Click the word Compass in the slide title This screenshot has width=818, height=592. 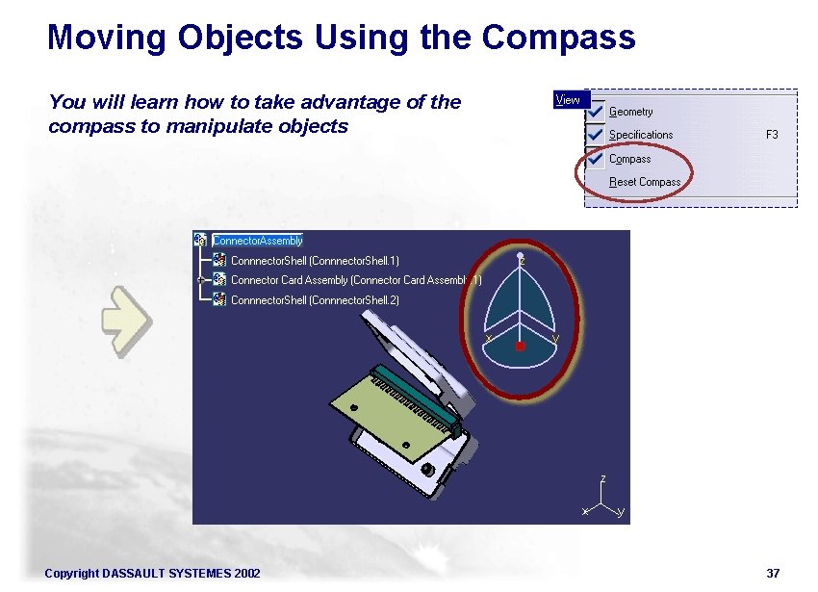[x=558, y=38]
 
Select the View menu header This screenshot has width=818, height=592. [x=568, y=99]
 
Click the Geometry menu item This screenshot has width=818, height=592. [x=631, y=112]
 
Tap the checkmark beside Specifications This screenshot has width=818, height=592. [x=595, y=134]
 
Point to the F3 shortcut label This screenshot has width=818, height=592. [x=772, y=135]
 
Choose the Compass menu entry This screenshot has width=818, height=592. [x=630, y=159]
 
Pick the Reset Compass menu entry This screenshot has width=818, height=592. [x=645, y=182]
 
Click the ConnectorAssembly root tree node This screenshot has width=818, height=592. [x=257, y=241]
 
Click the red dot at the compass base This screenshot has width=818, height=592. [x=520, y=345]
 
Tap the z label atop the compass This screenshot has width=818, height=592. [x=522, y=261]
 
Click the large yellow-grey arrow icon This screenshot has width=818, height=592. [x=125, y=320]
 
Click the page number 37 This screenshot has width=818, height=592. [x=773, y=574]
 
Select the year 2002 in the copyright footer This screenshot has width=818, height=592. [x=246, y=574]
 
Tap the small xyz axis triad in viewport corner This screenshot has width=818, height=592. [x=602, y=501]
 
